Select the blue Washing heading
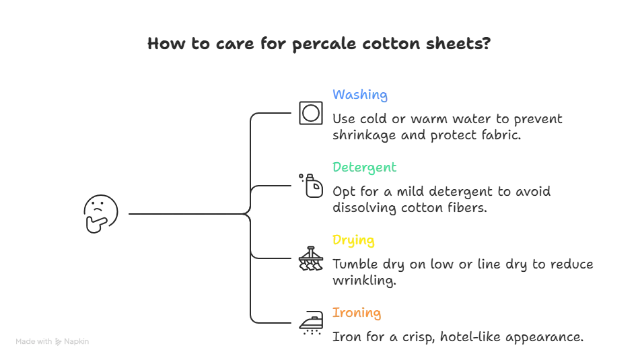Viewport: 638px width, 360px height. (x=359, y=96)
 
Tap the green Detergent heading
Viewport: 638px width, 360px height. (x=364, y=167)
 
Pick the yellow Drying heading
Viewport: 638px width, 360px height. (x=353, y=240)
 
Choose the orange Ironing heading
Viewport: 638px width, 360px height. (x=356, y=313)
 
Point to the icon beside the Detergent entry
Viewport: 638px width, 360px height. (x=310, y=184)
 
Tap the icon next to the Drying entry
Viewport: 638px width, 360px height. (x=310, y=258)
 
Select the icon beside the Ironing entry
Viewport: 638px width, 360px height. (x=310, y=323)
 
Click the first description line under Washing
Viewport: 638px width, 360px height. (x=447, y=118)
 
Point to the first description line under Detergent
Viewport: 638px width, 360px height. (x=442, y=192)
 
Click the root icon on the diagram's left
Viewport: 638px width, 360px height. (x=100, y=214)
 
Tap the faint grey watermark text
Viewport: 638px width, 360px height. (x=53, y=339)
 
